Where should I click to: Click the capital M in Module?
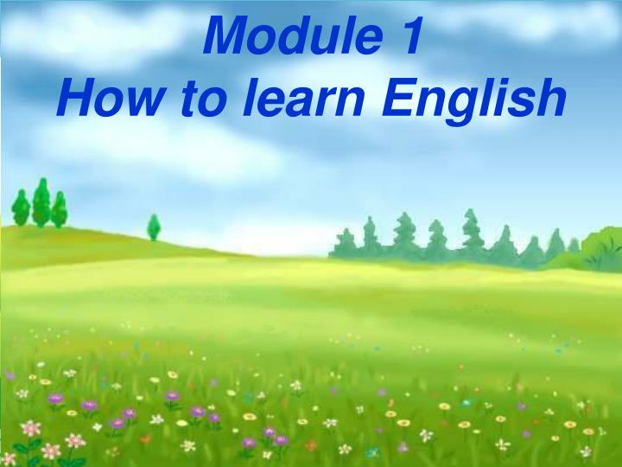pyautogui.click(x=231, y=37)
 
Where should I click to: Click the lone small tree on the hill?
pyautogui.click(x=154, y=227)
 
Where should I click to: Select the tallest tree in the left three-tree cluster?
pyautogui.click(x=41, y=203)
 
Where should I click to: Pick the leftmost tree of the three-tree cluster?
pyautogui.click(x=21, y=208)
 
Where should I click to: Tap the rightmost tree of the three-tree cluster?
pyautogui.click(x=59, y=210)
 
